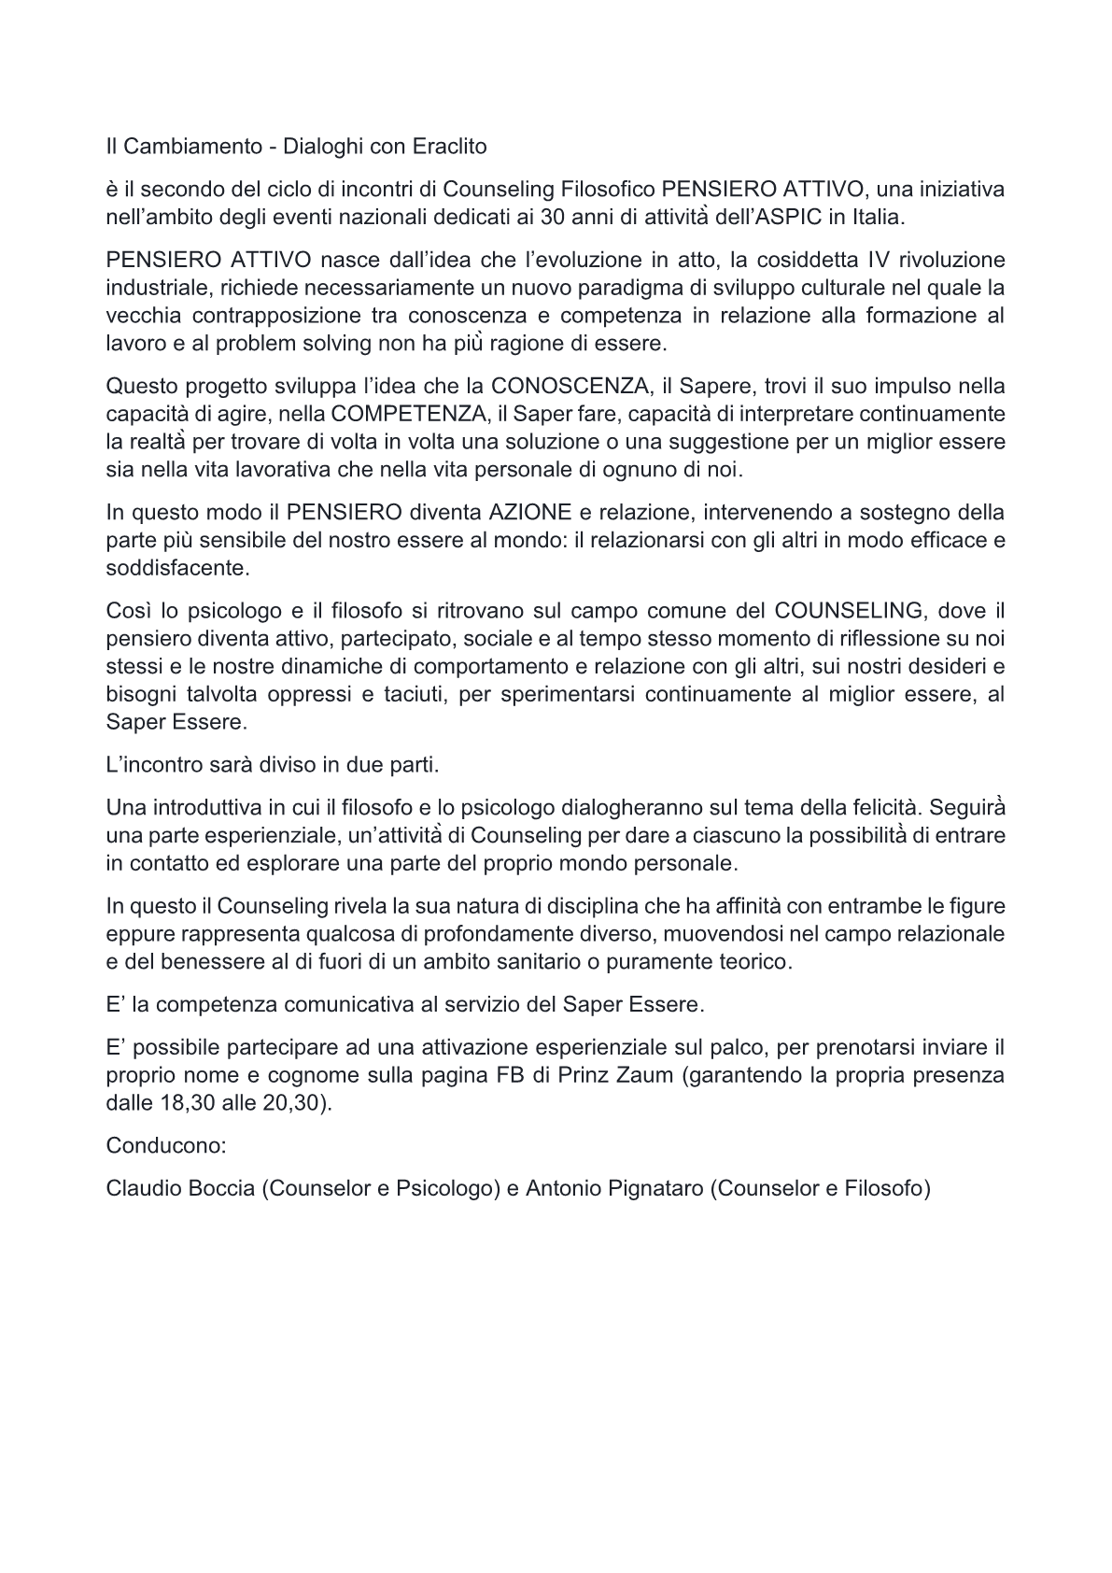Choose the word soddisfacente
point(164,568)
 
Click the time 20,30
point(297,1103)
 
